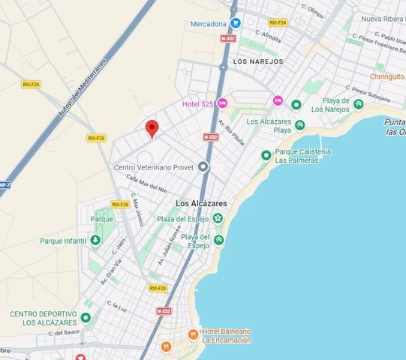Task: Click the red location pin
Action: (152, 128)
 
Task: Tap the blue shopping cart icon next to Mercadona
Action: (235, 23)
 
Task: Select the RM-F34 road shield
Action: (278, 22)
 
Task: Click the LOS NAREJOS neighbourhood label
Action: (258, 61)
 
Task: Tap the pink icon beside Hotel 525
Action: (222, 103)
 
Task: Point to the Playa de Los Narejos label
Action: (330, 105)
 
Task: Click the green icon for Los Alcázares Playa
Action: (300, 125)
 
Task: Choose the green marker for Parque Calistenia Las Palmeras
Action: (266, 155)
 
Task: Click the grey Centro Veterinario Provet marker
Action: (203, 166)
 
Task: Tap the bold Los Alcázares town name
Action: (203, 203)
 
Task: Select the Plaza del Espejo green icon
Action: (218, 218)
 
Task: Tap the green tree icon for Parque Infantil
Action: (95, 240)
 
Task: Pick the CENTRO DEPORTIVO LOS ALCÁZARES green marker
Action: (86, 318)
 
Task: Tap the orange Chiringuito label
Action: (387, 76)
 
